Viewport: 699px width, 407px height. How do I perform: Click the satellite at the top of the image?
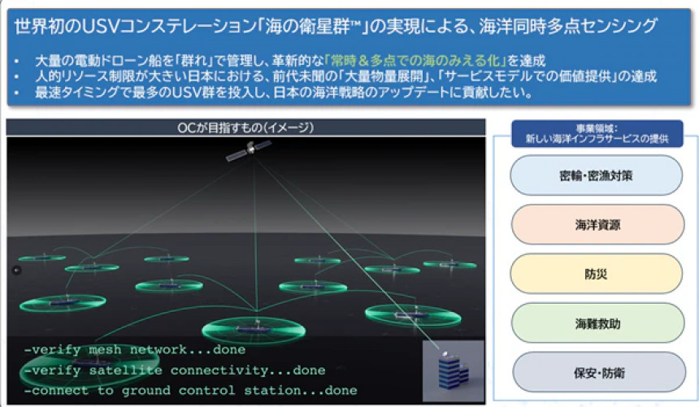click(249, 149)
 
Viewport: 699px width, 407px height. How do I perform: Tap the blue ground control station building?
click(453, 370)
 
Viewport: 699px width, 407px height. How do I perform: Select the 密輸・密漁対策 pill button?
click(596, 175)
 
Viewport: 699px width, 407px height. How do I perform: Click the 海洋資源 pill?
click(597, 224)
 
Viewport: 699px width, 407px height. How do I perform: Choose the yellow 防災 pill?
click(596, 273)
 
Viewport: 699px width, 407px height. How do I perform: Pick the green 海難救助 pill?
click(597, 323)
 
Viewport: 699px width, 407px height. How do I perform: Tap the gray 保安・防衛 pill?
click(599, 372)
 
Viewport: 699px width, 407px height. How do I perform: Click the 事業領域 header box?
click(597, 133)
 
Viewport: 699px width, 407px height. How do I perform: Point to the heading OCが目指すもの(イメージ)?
click(245, 128)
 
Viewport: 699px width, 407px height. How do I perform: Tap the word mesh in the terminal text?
click(105, 349)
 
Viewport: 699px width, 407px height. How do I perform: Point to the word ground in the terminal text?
click(145, 391)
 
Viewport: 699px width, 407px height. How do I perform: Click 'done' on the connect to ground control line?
click(341, 391)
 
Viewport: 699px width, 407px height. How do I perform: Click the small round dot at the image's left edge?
click(17, 270)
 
